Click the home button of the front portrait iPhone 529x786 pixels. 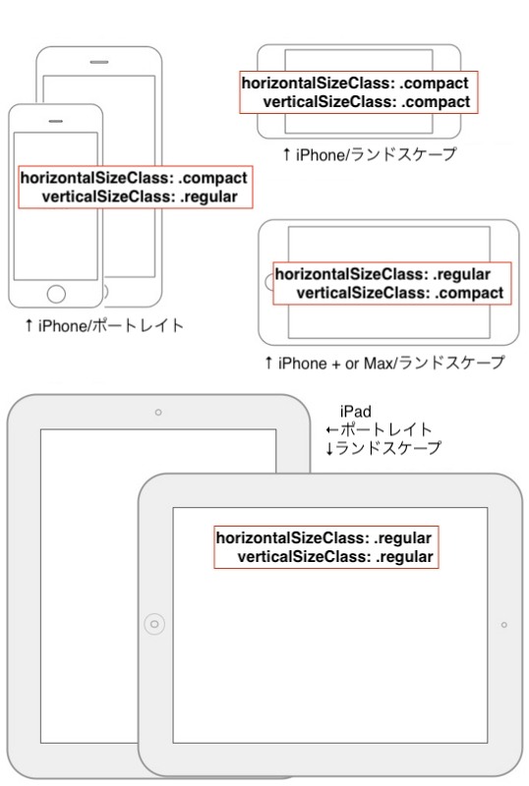(57, 294)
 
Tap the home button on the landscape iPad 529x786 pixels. (154, 623)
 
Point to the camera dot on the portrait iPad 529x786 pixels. (158, 413)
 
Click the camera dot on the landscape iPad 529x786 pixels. (504, 625)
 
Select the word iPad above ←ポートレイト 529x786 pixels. (355, 412)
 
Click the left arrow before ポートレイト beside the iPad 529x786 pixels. (332, 430)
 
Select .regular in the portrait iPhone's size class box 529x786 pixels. (209, 196)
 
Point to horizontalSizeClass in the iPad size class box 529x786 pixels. (293, 538)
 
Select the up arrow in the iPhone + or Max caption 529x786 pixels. (267, 364)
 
